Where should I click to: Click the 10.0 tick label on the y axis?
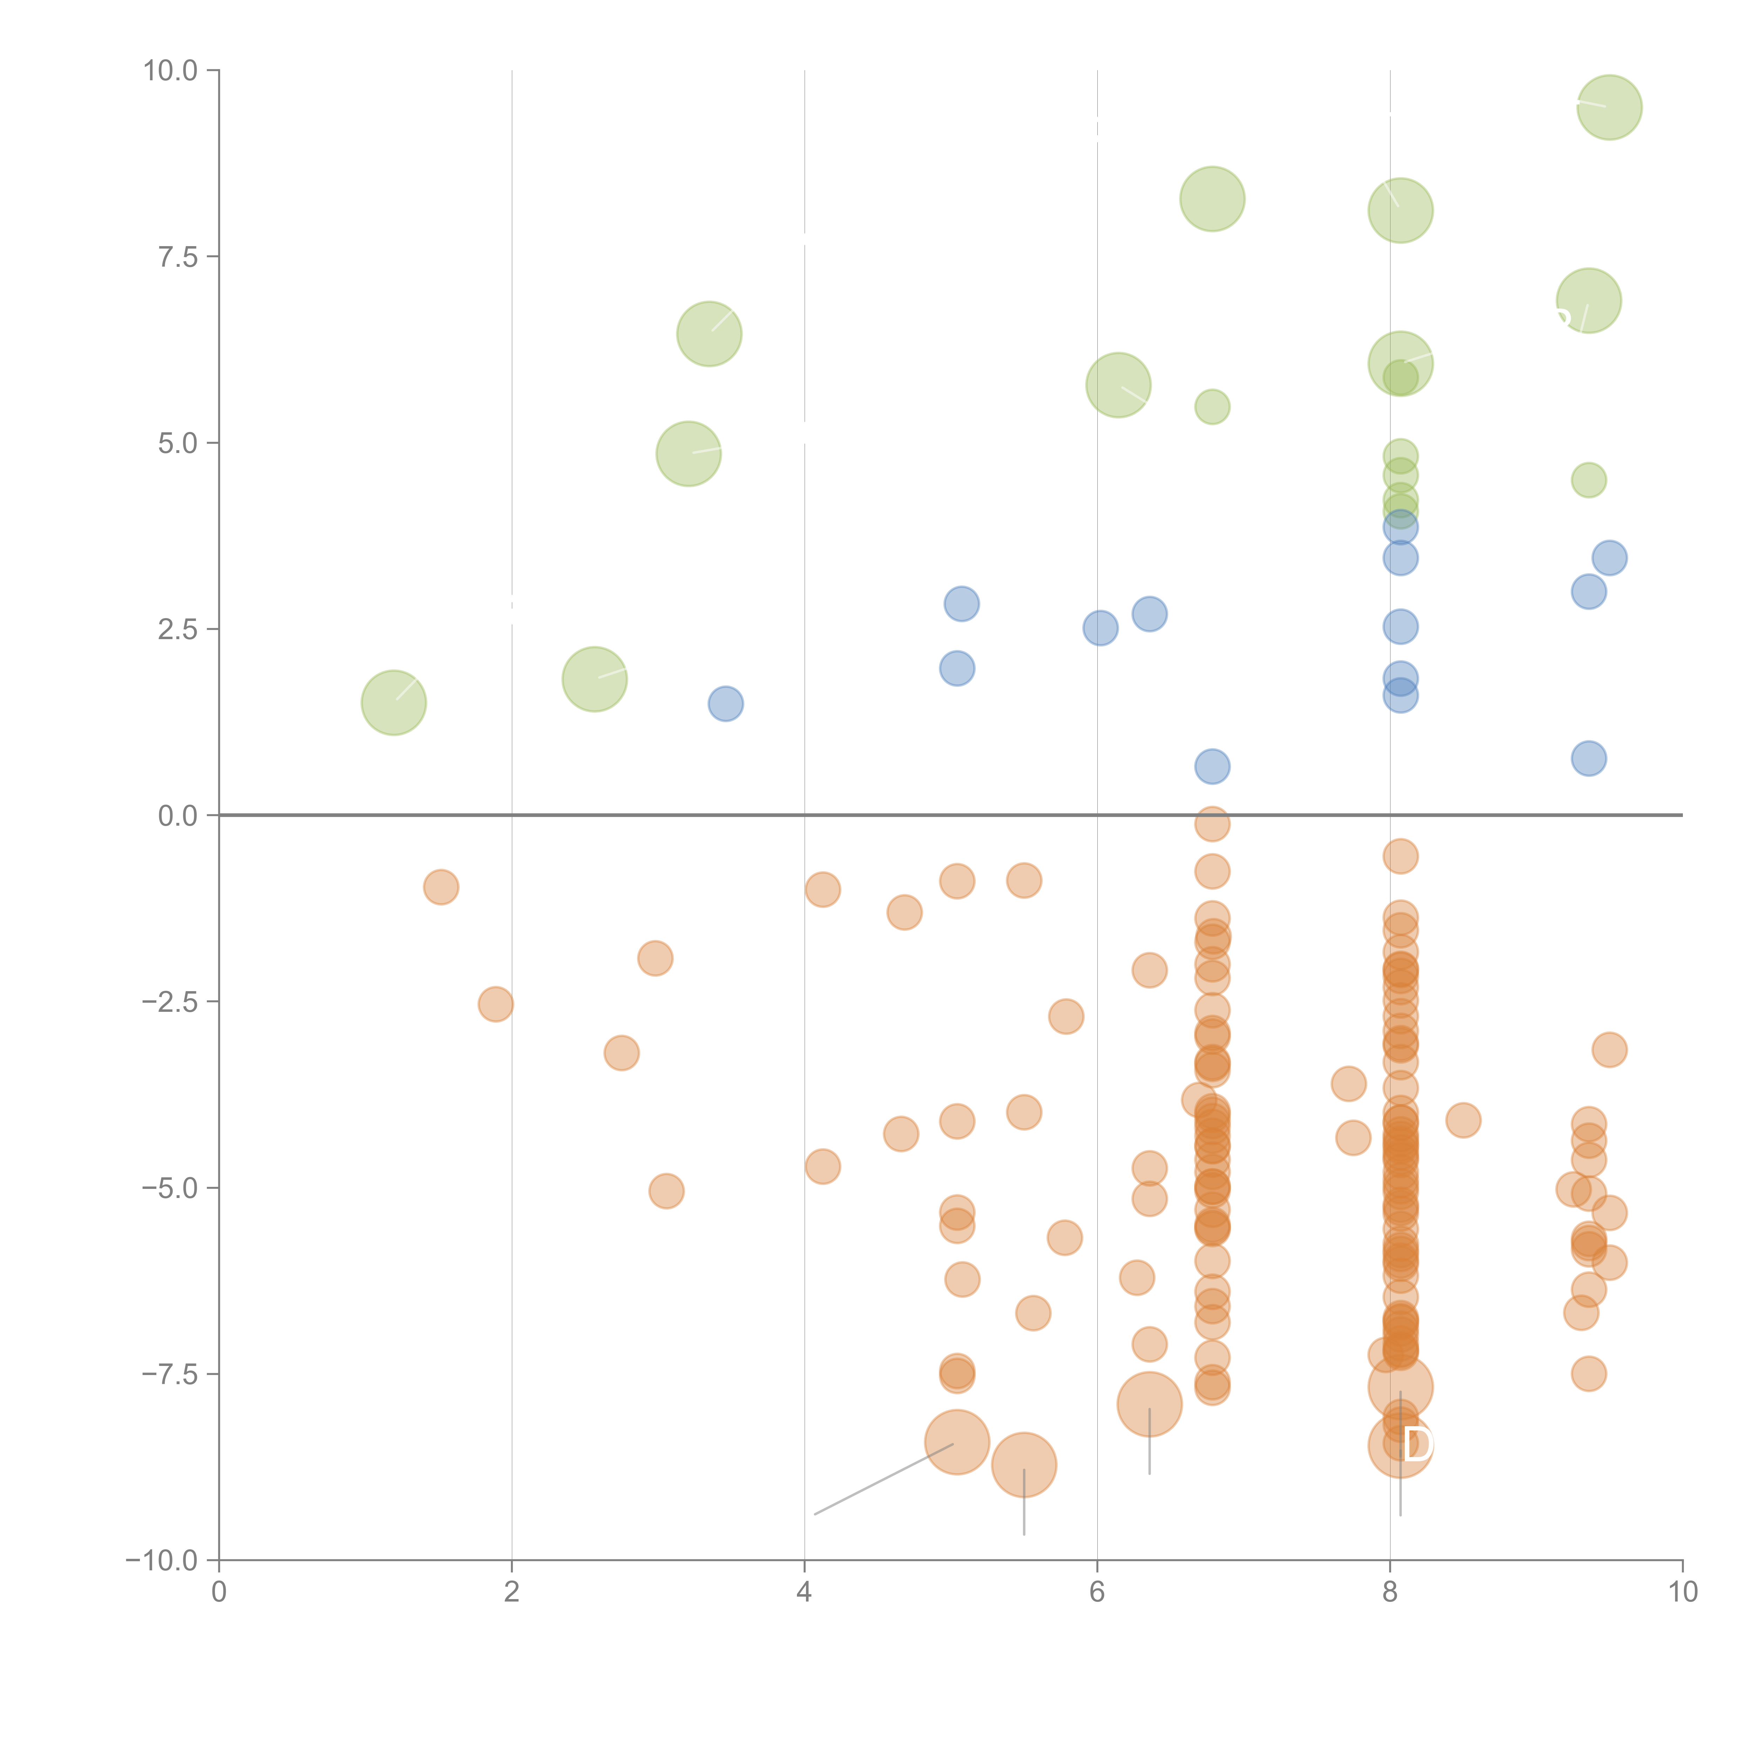click(x=171, y=71)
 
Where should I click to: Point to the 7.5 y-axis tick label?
click(x=178, y=257)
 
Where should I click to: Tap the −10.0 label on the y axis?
click(x=162, y=1561)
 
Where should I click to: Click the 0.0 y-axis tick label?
click(x=178, y=816)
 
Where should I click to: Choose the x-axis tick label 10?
click(x=1682, y=1592)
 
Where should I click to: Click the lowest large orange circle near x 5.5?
click(x=1023, y=1464)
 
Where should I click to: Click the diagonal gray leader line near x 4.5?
click(x=885, y=1479)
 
